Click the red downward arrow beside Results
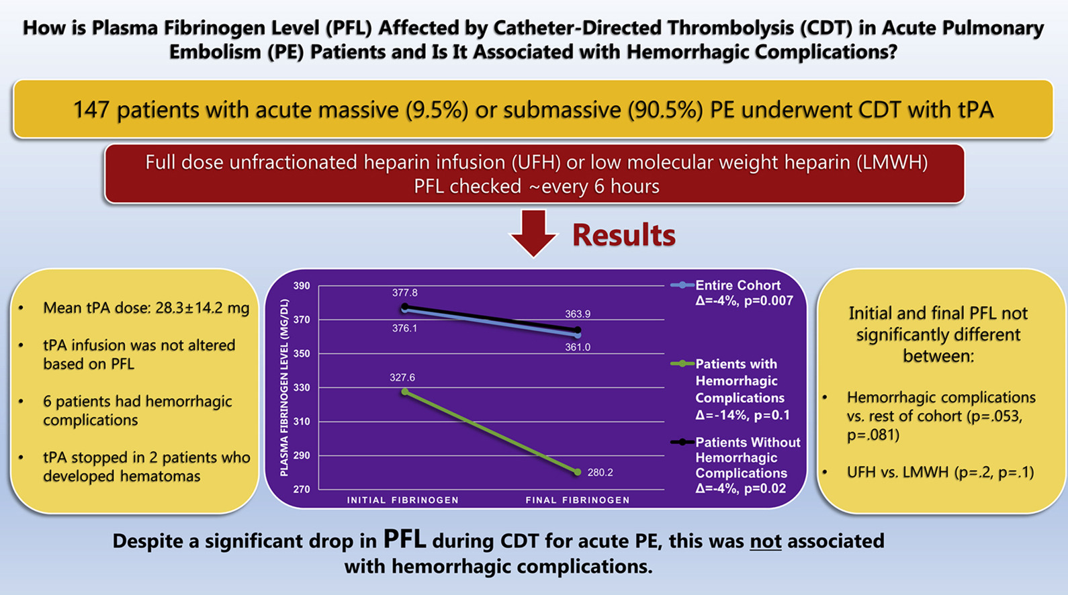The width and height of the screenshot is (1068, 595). [x=533, y=232]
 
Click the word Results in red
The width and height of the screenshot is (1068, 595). [x=623, y=235]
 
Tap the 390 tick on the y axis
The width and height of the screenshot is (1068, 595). [x=302, y=286]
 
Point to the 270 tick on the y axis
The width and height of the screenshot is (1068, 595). [x=302, y=490]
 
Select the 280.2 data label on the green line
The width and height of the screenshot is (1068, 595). [x=600, y=473]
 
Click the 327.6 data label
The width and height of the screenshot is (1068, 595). [x=402, y=378]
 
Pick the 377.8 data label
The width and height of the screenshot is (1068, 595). [x=405, y=293]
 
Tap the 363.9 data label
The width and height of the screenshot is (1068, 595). [x=578, y=314]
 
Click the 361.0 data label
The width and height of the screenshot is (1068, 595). [x=578, y=347]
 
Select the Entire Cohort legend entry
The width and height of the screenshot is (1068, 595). [x=737, y=285]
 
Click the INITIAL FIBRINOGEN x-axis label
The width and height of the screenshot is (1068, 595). [x=402, y=500]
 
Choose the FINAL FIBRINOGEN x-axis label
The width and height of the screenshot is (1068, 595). [x=578, y=500]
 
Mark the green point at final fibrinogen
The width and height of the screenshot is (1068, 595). [x=578, y=472]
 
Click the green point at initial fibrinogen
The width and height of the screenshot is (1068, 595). [x=405, y=392]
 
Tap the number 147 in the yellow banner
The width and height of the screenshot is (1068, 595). [x=92, y=110]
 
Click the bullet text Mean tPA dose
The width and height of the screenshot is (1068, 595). [x=146, y=308]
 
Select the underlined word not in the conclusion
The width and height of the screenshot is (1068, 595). [x=765, y=541]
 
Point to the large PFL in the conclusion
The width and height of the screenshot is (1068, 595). [x=404, y=539]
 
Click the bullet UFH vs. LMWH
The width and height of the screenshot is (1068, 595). [x=940, y=473]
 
